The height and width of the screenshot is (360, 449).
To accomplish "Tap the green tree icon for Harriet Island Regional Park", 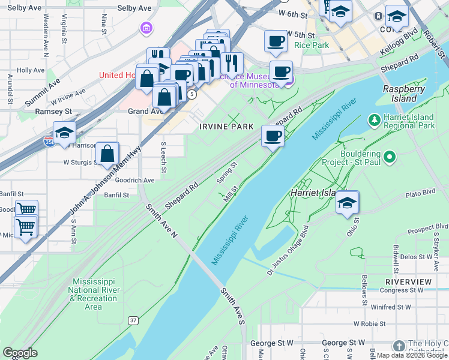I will [x=375, y=121].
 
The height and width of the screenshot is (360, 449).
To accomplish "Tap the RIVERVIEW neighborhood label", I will [x=408, y=281].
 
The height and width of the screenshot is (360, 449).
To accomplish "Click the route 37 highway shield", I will [x=132, y=321].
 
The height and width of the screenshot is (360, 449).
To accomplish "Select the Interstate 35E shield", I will [x=50, y=141].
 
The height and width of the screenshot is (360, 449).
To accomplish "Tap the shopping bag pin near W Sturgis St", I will [x=107, y=154].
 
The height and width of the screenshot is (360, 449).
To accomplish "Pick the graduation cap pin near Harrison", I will [x=64, y=133].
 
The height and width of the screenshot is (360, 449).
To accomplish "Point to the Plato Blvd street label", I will [x=420, y=194].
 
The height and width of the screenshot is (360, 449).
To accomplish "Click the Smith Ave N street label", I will [x=162, y=219].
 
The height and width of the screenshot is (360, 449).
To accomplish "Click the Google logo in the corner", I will [x=20, y=353].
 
